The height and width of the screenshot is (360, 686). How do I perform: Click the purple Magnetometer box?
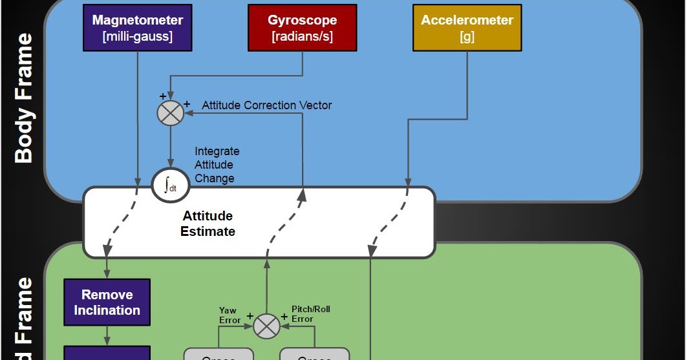(x=137, y=28)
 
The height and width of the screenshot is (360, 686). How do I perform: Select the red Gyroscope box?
(x=302, y=28)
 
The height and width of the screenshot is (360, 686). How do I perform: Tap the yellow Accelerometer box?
(x=467, y=28)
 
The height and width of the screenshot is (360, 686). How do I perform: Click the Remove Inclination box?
(x=107, y=302)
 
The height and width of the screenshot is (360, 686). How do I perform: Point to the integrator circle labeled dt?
(x=170, y=185)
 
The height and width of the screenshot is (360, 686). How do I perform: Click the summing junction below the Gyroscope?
(x=171, y=113)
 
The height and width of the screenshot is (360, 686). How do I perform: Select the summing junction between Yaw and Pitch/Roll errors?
(x=266, y=326)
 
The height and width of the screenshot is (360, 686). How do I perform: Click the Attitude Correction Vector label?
(x=266, y=105)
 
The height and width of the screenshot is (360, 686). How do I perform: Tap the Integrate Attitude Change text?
(x=217, y=165)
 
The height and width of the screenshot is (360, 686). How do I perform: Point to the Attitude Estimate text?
(x=208, y=224)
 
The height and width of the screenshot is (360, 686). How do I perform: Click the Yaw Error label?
(x=230, y=315)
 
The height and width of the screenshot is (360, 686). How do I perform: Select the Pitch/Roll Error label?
(x=311, y=314)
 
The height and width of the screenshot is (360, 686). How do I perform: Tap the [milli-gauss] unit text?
(x=137, y=37)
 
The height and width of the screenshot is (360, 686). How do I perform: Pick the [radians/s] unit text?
(x=302, y=37)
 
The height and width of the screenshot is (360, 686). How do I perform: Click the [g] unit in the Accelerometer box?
(x=467, y=37)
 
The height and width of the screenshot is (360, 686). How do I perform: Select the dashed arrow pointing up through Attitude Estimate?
(x=284, y=223)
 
